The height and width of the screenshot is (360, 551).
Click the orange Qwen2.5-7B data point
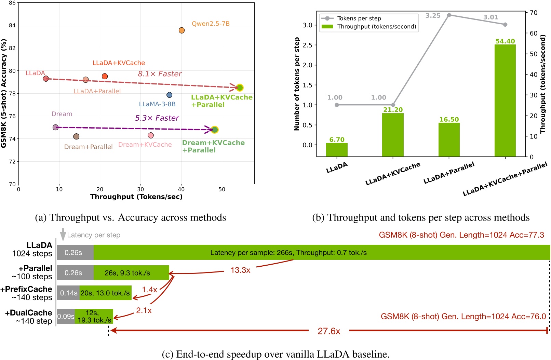182,30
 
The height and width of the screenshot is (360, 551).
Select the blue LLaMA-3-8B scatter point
169,95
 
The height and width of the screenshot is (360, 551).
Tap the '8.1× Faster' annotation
160,74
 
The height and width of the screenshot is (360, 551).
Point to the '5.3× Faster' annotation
157,118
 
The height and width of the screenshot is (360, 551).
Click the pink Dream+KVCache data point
151,135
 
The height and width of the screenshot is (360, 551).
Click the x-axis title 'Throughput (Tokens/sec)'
136,197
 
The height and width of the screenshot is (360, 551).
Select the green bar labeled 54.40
505,101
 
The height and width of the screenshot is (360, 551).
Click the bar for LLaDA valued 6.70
337,150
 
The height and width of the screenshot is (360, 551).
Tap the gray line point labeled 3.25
449,15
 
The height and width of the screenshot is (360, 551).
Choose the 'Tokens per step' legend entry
359,18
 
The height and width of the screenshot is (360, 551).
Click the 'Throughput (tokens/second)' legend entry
376,27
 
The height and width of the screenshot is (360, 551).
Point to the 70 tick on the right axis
533,13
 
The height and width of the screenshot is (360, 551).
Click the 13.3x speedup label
240,270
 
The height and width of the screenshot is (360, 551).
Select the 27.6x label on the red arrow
329,331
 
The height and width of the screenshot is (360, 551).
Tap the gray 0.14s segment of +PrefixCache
68,293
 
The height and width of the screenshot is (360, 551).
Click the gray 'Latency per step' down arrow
63,235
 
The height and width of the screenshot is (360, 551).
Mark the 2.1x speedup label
144,311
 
